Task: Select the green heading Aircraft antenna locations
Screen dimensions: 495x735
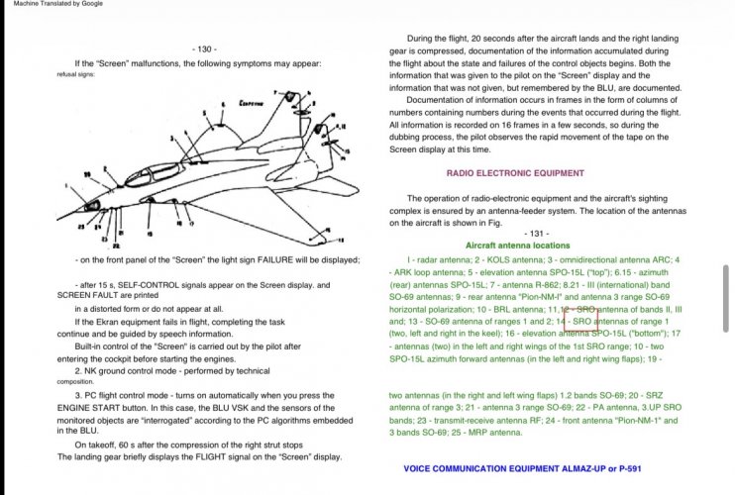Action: [517, 245]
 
